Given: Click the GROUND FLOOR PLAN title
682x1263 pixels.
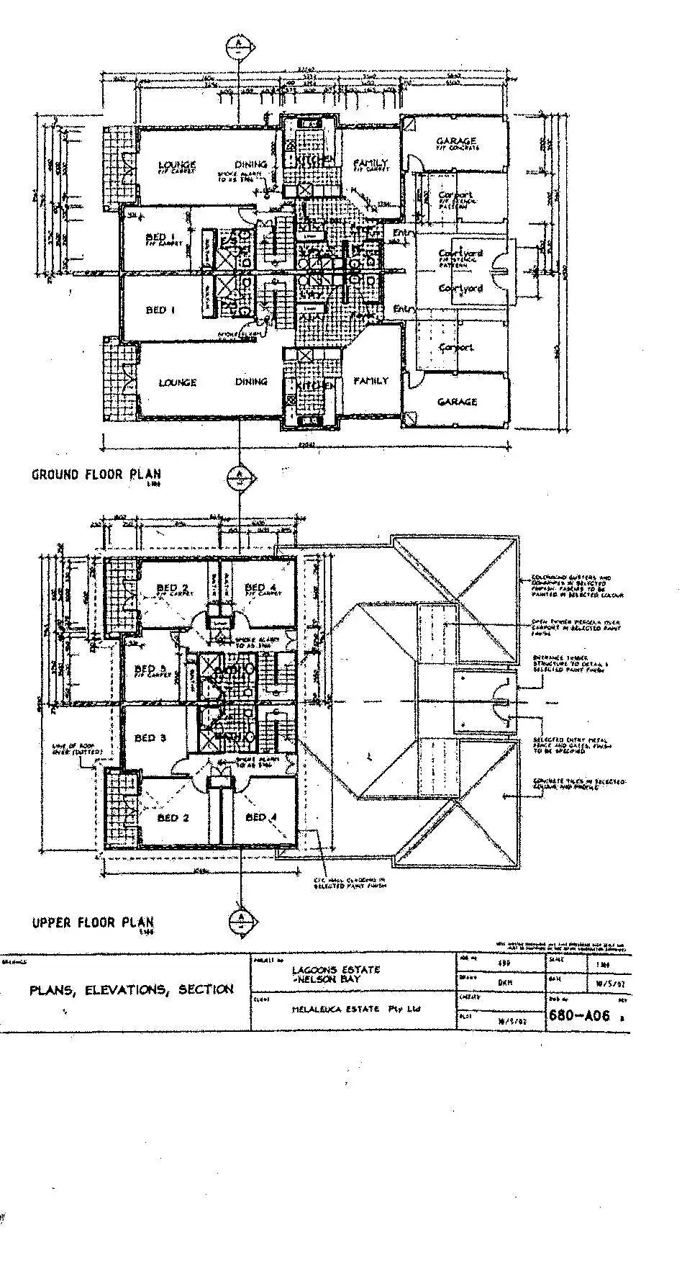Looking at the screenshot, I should [96, 475].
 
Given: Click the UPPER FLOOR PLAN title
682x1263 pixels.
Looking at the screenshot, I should [92, 922].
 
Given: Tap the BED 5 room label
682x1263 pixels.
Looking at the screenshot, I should [150, 668].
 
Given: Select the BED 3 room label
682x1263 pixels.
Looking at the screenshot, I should [150, 738].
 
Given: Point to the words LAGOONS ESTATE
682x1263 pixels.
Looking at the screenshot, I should [335, 970].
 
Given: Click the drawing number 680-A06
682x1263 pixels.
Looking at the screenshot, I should [579, 1015].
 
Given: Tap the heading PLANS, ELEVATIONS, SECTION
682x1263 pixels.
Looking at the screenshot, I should [131, 989].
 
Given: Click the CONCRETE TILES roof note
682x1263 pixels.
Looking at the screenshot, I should [578, 784].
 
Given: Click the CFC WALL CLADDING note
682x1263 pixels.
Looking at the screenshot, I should [350, 883].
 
